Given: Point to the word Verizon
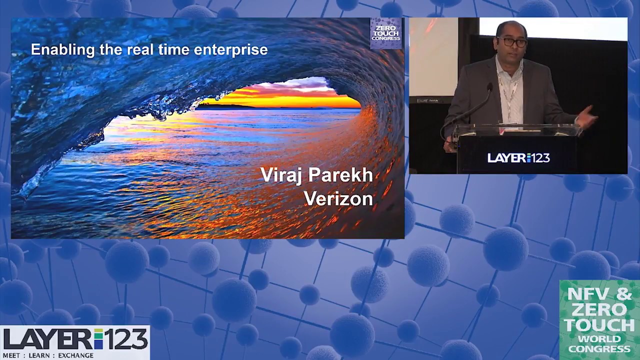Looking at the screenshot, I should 338,198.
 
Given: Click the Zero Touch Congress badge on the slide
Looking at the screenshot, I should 385,33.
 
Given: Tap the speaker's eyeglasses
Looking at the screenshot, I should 511,42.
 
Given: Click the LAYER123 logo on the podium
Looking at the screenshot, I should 518,158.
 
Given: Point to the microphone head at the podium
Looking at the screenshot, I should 489,87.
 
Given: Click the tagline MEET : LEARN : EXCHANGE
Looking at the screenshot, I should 48,355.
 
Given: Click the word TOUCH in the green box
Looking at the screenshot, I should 598,325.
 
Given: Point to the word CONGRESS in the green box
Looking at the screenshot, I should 598,348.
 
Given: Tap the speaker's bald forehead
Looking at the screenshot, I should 511,29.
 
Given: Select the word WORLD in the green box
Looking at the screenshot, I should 598,338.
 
